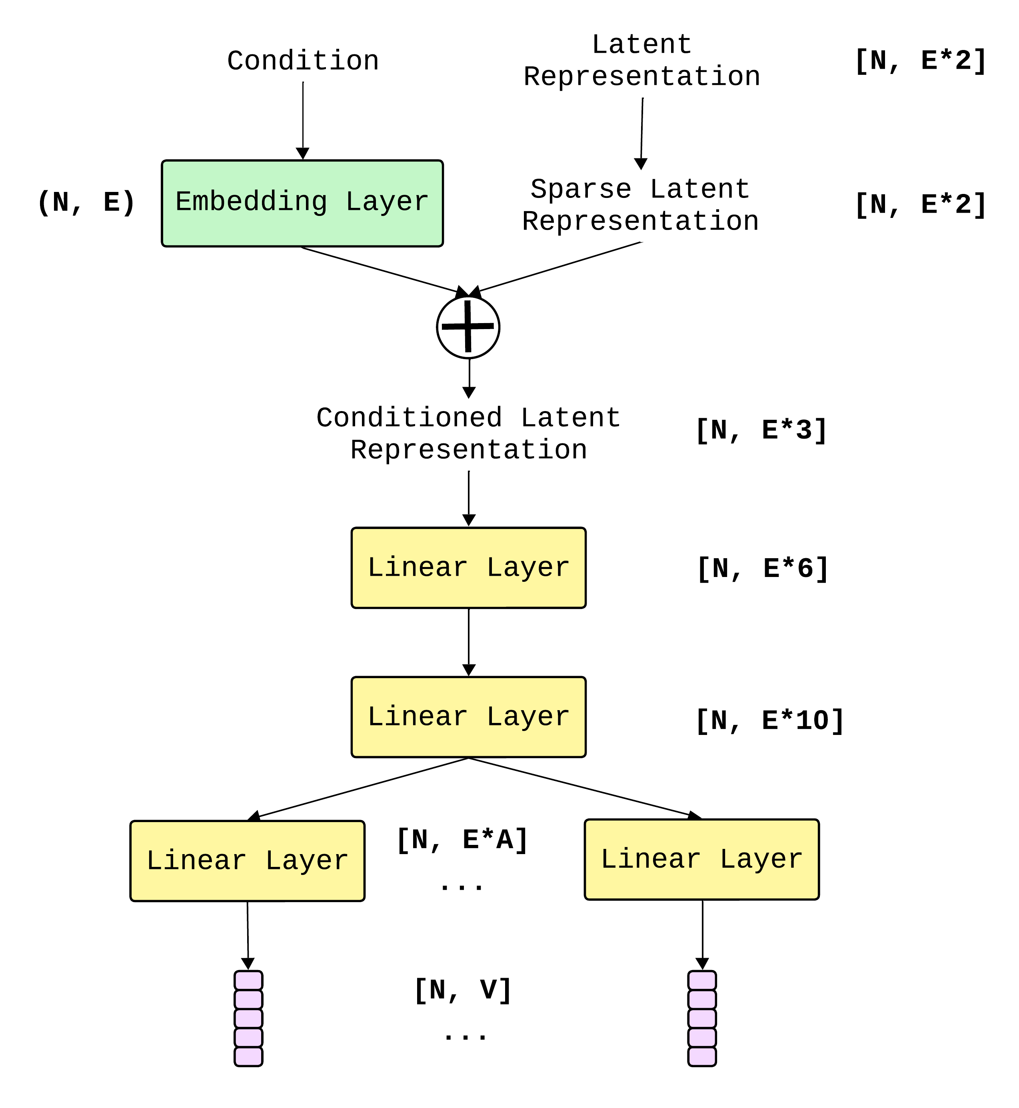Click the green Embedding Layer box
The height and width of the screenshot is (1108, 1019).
point(302,204)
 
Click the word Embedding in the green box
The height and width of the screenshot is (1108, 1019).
point(252,202)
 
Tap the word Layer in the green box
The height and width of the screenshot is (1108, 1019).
point(387,202)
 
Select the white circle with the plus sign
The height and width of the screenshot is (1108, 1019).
point(468,327)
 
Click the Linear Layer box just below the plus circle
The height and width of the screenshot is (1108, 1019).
point(469,568)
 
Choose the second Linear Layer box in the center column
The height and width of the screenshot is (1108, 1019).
point(469,717)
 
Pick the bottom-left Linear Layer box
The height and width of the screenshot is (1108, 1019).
point(247,861)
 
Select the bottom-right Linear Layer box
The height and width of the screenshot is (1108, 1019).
point(701,859)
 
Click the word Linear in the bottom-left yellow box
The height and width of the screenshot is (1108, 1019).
point(196,861)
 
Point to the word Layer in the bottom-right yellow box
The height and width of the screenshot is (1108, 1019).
point(761,859)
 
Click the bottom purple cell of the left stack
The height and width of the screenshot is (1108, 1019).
point(248,1056)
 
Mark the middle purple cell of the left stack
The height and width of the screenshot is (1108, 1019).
point(248,1018)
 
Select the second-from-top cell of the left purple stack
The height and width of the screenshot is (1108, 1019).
point(248,999)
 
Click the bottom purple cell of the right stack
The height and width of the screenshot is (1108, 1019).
point(702,1056)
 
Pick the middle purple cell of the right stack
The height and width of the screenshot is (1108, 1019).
point(702,1018)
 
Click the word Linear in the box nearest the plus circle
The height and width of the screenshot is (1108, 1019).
point(418,568)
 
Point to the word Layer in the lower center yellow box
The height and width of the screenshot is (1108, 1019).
point(528,717)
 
